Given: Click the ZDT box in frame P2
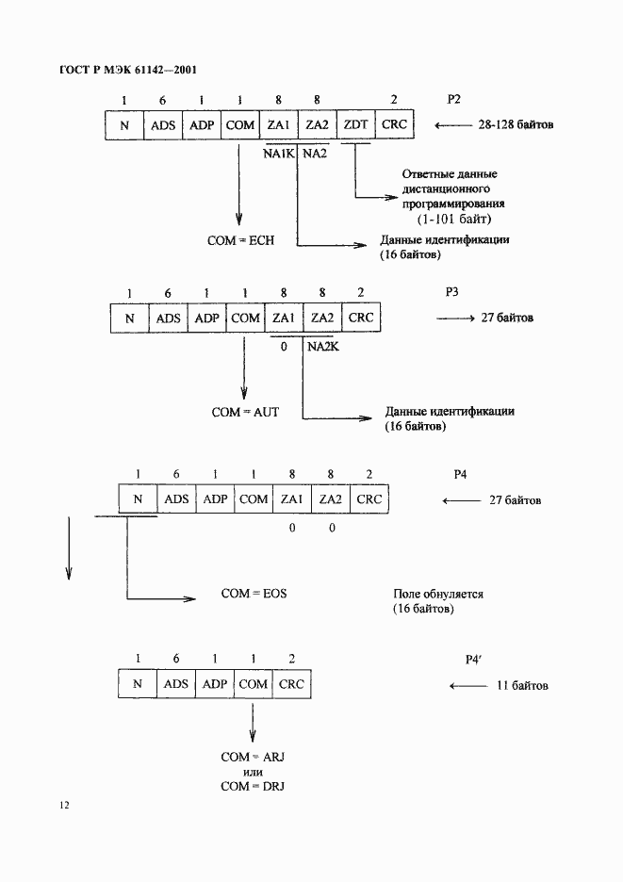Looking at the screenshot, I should (x=356, y=124).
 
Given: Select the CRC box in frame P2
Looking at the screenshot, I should (x=393, y=124).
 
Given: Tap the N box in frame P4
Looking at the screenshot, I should (x=138, y=499).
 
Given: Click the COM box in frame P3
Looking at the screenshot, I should (x=245, y=318).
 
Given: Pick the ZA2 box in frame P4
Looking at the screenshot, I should (x=331, y=499).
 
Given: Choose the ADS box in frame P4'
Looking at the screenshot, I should (x=176, y=684).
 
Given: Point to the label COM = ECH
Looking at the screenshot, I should (x=241, y=241).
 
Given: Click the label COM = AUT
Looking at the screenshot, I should (x=243, y=413).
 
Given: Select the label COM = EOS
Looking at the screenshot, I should (x=254, y=594).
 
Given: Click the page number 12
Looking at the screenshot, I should (x=63, y=807).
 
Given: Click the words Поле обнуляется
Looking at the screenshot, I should (x=438, y=596).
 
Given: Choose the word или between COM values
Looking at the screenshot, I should (x=253, y=772).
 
